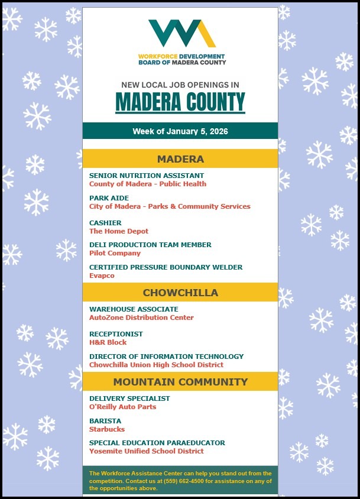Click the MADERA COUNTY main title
click(x=180, y=102)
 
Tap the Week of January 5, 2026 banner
click(x=180, y=131)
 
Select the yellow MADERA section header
click(x=180, y=159)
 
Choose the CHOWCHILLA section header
click(x=180, y=293)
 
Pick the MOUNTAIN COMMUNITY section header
click(x=180, y=382)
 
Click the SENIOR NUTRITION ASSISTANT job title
click(x=147, y=176)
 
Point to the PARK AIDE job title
click(x=109, y=198)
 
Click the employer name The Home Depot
click(x=119, y=231)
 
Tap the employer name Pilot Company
click(x=115, y=253)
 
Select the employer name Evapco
click(x=102, y=276)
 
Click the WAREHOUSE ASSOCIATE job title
click(x=134, y=309)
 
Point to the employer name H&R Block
click(x=108, y=342)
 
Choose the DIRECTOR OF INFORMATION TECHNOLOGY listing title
click(x=166, y=357)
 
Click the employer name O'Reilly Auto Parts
click(x=122, y=407)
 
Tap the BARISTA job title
click(x=105, y=421)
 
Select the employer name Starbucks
click(x=107, y=429)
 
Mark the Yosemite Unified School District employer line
click(x=147, y=451)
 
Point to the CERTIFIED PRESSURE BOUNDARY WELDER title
click(x=166, y=267)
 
